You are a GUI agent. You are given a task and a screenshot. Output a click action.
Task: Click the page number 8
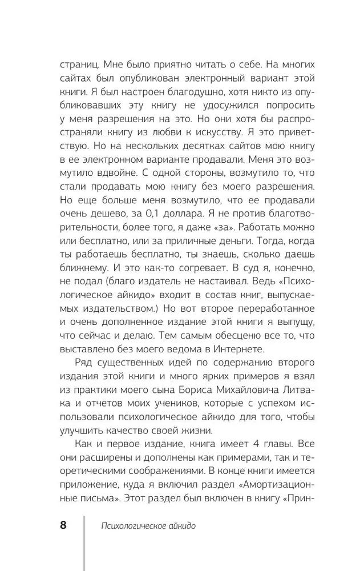[x=63, y=525]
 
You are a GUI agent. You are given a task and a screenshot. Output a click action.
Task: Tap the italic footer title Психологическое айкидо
[x=148, y=526]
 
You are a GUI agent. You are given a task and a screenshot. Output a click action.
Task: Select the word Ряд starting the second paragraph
[x=84, y=364]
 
